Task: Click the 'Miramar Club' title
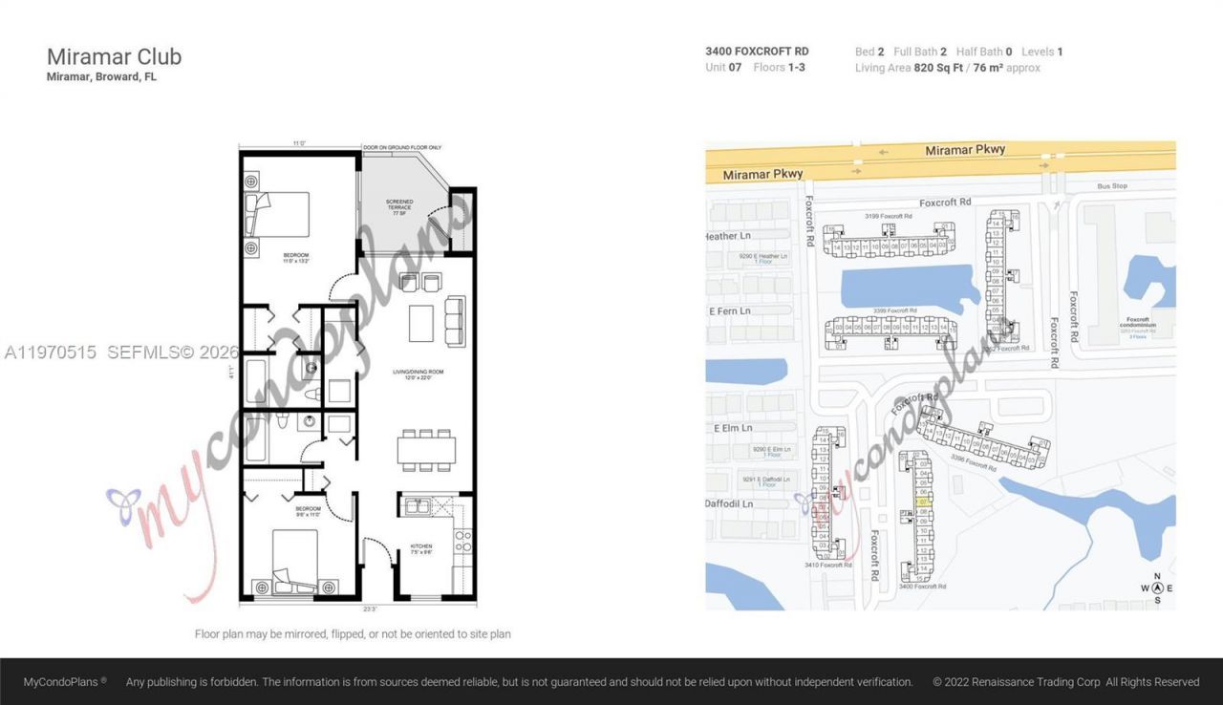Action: coord(114,56)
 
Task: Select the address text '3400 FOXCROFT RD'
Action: coord(757,52)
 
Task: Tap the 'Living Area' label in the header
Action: coord(882,68)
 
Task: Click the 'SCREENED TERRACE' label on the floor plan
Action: coord(399,205)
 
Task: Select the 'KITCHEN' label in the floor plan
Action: coord(420,548)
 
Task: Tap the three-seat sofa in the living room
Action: coord(455,320)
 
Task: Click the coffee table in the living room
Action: coord(421,322)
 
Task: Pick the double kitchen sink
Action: coord(417,507)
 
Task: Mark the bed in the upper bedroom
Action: coord(280,214)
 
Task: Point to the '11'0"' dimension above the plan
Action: coord(299,143)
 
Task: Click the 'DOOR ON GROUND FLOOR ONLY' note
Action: coord(402,148)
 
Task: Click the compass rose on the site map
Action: coord(1157,588)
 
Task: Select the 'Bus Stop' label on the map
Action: coord(1112,186)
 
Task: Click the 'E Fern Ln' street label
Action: coord(731,311)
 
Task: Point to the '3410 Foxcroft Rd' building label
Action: coord(827,566)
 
